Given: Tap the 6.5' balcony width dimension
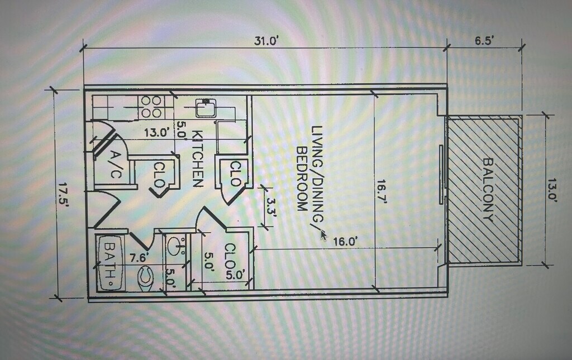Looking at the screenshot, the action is pyautogui.click(x=484, y=40).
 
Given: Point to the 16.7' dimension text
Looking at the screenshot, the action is pyautogui.click(x=381, y=191).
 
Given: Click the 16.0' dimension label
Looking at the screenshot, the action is pyautogui.click(x=344, y=241).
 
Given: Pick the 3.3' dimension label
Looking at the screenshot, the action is pyautogui.click(x=271, y=207).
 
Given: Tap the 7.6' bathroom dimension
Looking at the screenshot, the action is pyautogui.click(x=139, y=258).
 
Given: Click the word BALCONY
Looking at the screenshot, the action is pyautogui.click(x=488, y=190).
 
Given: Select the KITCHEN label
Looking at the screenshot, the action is pyautogui.click(x=197, y=159).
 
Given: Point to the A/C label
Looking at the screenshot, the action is pyautogui.click(x=115, y=165).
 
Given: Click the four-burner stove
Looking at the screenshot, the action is pyautogui.click(x=151, y=107).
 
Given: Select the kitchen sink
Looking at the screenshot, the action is pyautogui.click(x=206, y=108).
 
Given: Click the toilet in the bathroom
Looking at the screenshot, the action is pyautogui.click(x=146, y=277).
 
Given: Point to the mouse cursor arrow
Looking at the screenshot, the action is pyautogui.click(x=323, y=236).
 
